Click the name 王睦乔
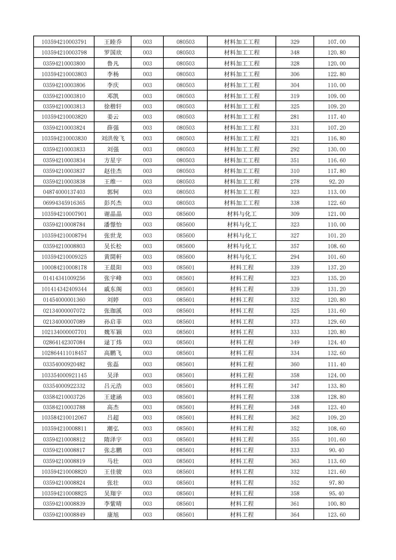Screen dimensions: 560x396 pos(113,42)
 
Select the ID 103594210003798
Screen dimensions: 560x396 pos(64,53)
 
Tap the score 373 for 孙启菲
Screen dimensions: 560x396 pos(295,322)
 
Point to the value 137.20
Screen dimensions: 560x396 pos(336,268)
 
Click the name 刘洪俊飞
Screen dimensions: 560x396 pos(113,138)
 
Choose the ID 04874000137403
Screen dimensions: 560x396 pos(64,192)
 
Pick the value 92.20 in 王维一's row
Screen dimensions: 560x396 pos(336,182)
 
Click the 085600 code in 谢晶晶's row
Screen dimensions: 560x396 pos(185,214)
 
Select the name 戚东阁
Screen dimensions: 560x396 pos(113,289)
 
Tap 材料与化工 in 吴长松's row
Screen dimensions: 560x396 pos(242,246)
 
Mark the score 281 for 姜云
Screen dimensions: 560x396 pos(295,117)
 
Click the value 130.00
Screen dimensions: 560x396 pos(336,149)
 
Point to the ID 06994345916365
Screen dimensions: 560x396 pos(64,203)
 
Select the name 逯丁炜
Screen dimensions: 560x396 pos(113,342)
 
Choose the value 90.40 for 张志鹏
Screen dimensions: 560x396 pos(336,450)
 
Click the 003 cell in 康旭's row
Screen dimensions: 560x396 pos(147,515)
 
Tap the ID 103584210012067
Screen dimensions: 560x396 pos(64,418)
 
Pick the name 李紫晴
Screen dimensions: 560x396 pos(113,504)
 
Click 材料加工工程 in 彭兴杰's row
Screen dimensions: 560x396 pos(242,203)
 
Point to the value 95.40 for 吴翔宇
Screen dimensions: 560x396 pos(336,493)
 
